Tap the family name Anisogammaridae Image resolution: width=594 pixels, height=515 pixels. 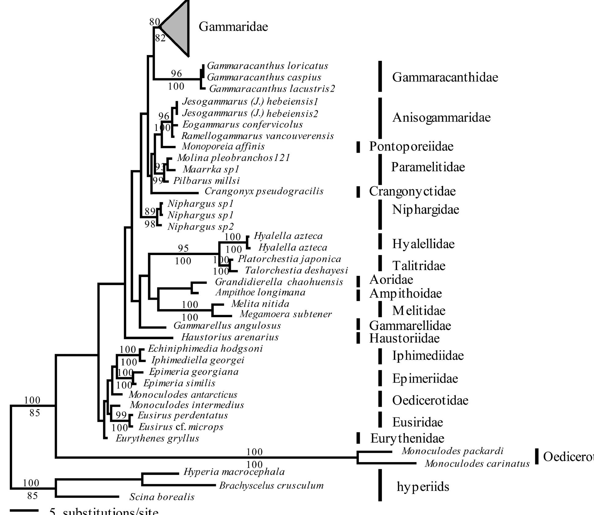441,117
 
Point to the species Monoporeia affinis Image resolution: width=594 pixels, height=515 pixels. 223,146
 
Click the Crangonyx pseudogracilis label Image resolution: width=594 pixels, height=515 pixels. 264,191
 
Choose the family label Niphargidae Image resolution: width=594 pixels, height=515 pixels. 426,209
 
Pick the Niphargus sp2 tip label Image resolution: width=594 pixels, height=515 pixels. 201,227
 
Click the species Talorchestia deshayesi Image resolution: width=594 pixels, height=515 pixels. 296,270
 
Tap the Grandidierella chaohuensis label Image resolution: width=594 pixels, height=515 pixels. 279,282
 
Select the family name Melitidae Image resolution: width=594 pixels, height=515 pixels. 419,311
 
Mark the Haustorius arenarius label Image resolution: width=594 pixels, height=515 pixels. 230,337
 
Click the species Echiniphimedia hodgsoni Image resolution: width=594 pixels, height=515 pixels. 205,349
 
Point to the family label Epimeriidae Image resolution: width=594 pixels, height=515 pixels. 425,379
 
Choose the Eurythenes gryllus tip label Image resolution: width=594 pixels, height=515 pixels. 157,438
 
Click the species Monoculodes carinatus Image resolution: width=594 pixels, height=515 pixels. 477,464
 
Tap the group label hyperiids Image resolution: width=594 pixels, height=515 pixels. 423,487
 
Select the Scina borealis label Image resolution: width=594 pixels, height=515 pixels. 162,497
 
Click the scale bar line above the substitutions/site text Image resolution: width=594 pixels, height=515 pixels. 24,510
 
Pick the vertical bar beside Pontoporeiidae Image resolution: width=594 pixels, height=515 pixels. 358,147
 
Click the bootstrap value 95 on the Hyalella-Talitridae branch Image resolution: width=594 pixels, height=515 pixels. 183,248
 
